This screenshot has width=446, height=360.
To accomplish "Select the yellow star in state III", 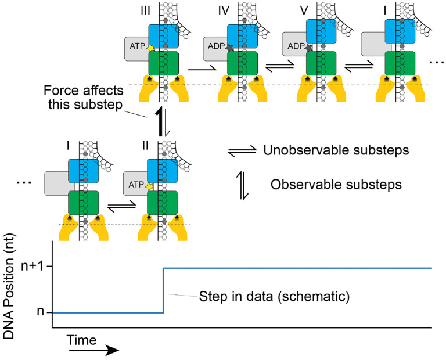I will point(152,48).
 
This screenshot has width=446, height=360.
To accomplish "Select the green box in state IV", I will point(242,64).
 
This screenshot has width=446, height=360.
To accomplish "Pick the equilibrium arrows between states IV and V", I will point(276,69).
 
